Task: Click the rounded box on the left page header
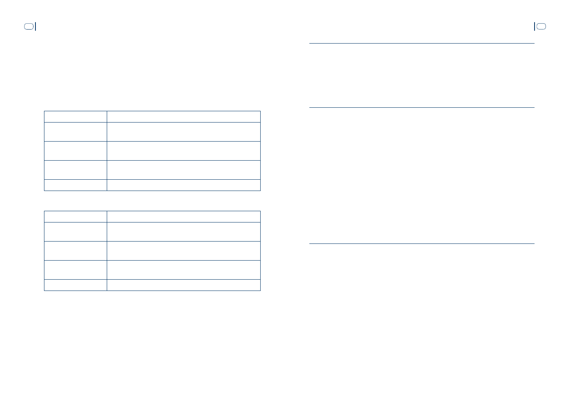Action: [x=28, y=26]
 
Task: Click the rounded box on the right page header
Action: [x=541, y=26]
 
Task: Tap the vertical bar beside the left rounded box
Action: [x=35, y=26]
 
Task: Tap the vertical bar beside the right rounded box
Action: [x=534, y=26]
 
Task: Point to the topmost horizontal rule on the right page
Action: [x=422, y=43]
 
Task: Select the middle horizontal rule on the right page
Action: [x=422, y=107]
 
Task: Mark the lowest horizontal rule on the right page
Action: [x=422, y=244]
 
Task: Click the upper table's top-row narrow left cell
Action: [x=75, y=117]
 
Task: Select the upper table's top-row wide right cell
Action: [x=184, y=117]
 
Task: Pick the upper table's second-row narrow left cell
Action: [x=75, y=132]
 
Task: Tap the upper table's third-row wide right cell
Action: [x=184, y=151]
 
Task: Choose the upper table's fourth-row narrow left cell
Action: [x=75, y=170]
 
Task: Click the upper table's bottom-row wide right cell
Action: [x=184, y=185]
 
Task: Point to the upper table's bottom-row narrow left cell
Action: [x=75, y=185]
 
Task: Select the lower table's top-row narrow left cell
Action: [x=75, y=217]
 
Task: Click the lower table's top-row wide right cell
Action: [x=184, y=217]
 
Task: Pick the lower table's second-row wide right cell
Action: [x=184, y=232]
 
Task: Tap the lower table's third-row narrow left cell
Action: [x=75, y=251]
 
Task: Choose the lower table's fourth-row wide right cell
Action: [x=184, y=270]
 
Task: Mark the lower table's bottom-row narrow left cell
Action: [x=75, y=285]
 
